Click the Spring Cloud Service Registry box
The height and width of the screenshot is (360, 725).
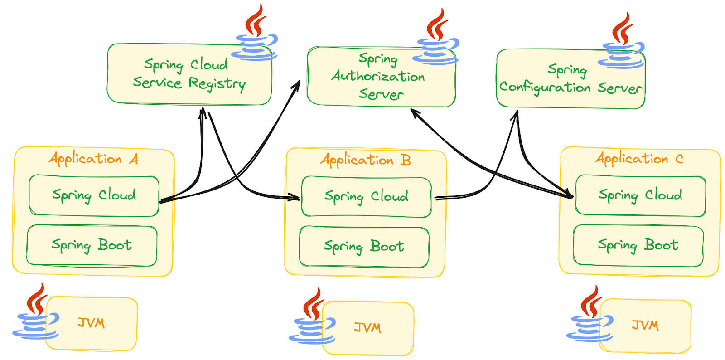click(x=189, y=75)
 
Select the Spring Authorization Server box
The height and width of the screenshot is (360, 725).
click(x=381, y=77)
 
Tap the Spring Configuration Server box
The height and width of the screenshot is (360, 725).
click(x=570, y=79)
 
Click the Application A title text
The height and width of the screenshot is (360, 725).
click(x=93, y=159)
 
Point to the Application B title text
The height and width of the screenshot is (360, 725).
click(x=365, y=160)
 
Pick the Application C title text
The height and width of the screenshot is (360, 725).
click(x=639, y=159)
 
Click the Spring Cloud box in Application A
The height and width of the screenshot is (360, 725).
click(x=94, y=195)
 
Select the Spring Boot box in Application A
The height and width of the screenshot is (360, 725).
click(x=92, y=245)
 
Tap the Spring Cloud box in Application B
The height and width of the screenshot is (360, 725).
click(x=366, y=197)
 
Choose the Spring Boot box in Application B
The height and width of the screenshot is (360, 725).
click(x=364, y=247)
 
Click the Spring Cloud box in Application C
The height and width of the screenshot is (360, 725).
click(x=640, y=195)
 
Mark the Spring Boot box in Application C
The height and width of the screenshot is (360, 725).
click(x=638, y=245)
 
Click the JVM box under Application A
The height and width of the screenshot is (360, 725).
click(x=92, y=323)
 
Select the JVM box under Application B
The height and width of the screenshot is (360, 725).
click(x=368, y=328)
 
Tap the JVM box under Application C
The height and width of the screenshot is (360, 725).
click(x=645, y=325)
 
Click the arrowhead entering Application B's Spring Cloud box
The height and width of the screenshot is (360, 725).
click(x=295, y=197)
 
